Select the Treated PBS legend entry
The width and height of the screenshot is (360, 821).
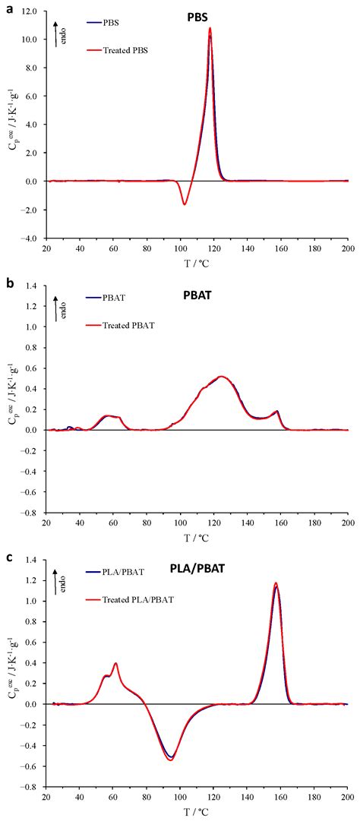click(127, 50)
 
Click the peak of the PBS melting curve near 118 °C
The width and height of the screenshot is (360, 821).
click(210, 29)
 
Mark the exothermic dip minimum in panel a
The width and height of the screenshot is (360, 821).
click(184, 204)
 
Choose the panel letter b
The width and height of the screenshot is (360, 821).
click(7, 283)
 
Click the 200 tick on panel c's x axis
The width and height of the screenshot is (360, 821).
click(347, 799)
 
